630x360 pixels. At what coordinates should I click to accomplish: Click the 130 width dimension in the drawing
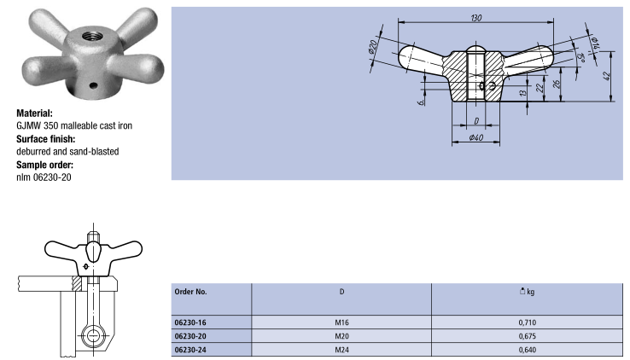[x=476, y=18]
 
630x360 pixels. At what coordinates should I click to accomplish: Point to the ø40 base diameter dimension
[x=476, y=137]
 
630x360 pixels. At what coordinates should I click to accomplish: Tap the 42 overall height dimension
[x=608, y=76]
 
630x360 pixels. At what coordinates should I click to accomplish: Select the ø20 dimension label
[x=372, y=47]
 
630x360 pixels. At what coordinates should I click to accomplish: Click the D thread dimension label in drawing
[x=476, y=121]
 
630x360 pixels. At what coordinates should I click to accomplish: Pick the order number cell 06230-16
[x=190, y=322]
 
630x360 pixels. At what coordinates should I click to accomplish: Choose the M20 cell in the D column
[x=342, y=336]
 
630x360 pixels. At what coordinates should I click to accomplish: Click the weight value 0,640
[x=528, y=350]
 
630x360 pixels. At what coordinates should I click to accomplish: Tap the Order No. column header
[x=191, y=292]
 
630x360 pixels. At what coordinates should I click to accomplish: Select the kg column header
[x=528, y=292]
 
